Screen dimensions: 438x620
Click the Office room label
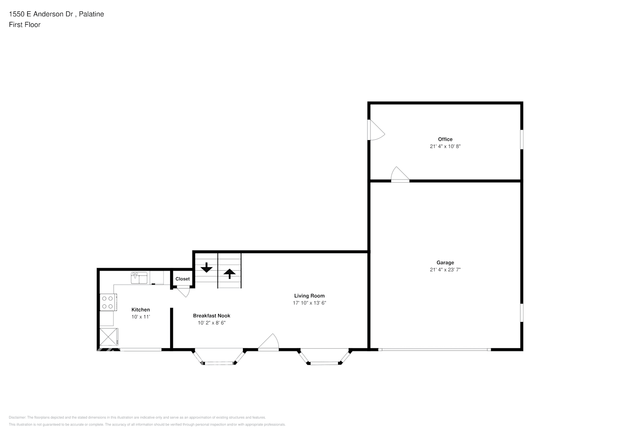(x=445, y=139)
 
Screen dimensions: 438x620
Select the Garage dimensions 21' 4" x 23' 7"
(x=445, y=270)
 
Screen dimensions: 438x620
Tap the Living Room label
(x=309, y=296)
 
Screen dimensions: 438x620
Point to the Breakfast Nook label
(x=211, y=316)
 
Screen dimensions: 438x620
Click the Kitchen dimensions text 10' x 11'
(x=141, y=317)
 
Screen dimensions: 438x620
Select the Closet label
(x=182, y=279)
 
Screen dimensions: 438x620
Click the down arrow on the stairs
(x=206, y=267)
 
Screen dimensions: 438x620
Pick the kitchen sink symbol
(x=139, y=277)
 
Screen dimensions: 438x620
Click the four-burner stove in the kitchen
(x=108, y=302)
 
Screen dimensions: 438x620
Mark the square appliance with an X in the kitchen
(x=109, y=336)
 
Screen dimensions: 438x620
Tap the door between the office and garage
(x=400, y=174)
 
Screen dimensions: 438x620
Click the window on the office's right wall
(x=521, y=139)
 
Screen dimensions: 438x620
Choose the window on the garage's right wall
(x=521, y=313)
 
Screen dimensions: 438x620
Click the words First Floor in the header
(x=25, y=25)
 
